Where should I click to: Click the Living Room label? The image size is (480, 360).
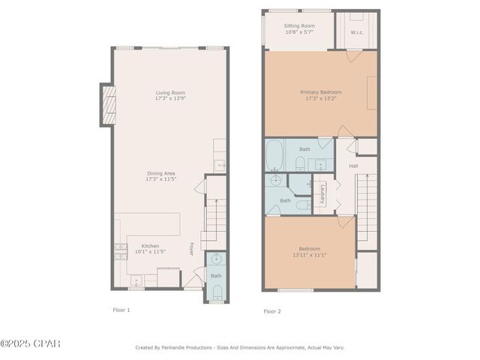pyautogui.click(x=169, y=95)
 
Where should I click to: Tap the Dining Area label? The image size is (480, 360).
pyautogui.click(x=169, y=176)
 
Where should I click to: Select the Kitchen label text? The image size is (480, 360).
pyautogui.click(x=150, y=248)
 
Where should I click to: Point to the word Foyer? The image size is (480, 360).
pyautogui.click(x=191, y=249)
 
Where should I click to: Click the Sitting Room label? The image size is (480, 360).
pyautogui.click(x=299, y=28)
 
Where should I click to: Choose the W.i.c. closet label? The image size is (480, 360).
pyautogui.click(x=357, y=32)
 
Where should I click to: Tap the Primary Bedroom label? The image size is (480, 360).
pyautogui.click(x=320, y=94)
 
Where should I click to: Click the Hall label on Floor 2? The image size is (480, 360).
pyautogui.click(x=352, y=166)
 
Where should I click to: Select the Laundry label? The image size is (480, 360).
pyautogui.click(x=322, y=194)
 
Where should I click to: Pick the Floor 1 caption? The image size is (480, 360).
pyautogui.click(x=121, y=309)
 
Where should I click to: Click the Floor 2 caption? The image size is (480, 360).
pyautogui.click(x=272, y=310)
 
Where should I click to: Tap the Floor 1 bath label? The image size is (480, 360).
pyautogui.click(x=216, y=276)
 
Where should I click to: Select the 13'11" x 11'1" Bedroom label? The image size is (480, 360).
pyautogui.click(x=310, y=251)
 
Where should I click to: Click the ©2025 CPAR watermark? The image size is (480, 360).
pyautogui.click(x=30, y=343)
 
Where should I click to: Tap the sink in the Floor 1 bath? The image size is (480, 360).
pyautogui.click(x=216, y=259)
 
